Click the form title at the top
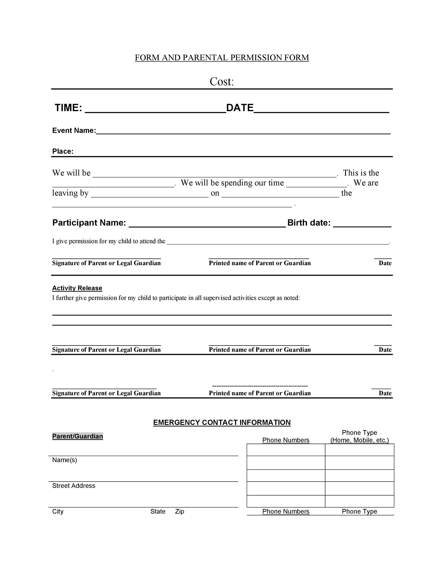click(x=222, y=58)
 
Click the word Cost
click(x=222, y=82)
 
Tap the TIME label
click(x=68, y=108)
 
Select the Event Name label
click(x=74, y=131)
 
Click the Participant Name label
click(x=89, y=223)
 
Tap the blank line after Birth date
click(x=362, y=224)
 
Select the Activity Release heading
click(x=77, y=288)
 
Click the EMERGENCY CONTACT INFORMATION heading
click(x=222, y=422)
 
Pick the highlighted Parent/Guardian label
click(x=78, y=436)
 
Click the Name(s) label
click(x=64, y=460)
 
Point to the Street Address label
click(x=74, y=486)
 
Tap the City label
click(x=58, y=512)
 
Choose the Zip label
click(x=179, y=512)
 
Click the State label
click(x=158, y=512)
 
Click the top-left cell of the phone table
click(x=286, y=450)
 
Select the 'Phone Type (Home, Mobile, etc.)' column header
click(x=359, y=436)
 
